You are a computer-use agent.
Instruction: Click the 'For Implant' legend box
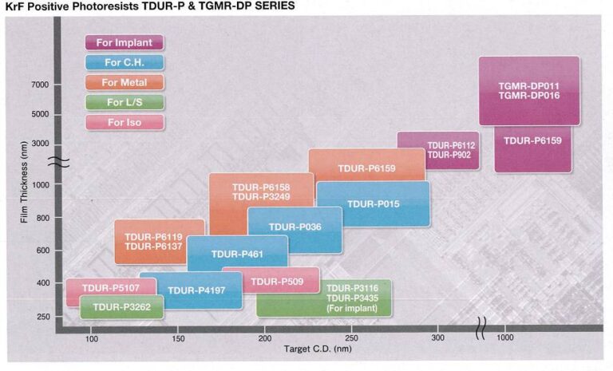click(125, 42)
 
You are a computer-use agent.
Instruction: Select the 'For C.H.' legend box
click(125, 62)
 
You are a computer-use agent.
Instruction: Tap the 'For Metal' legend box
click(125, 82)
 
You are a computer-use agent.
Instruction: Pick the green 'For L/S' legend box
click(125, 102)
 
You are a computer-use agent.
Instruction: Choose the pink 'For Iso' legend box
click(125, 122)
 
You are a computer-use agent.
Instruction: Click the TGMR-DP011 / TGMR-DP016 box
click(528, 90)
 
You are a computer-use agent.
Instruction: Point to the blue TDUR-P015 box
click(373, 203)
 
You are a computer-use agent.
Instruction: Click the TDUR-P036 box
click(295, 228)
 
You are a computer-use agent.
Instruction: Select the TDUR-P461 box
click(226, 255)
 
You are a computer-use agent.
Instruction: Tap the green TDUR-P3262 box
click(121, 306)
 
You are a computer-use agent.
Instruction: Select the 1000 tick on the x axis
click(504, 339)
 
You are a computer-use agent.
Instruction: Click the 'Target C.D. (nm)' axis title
click(317, 349)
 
